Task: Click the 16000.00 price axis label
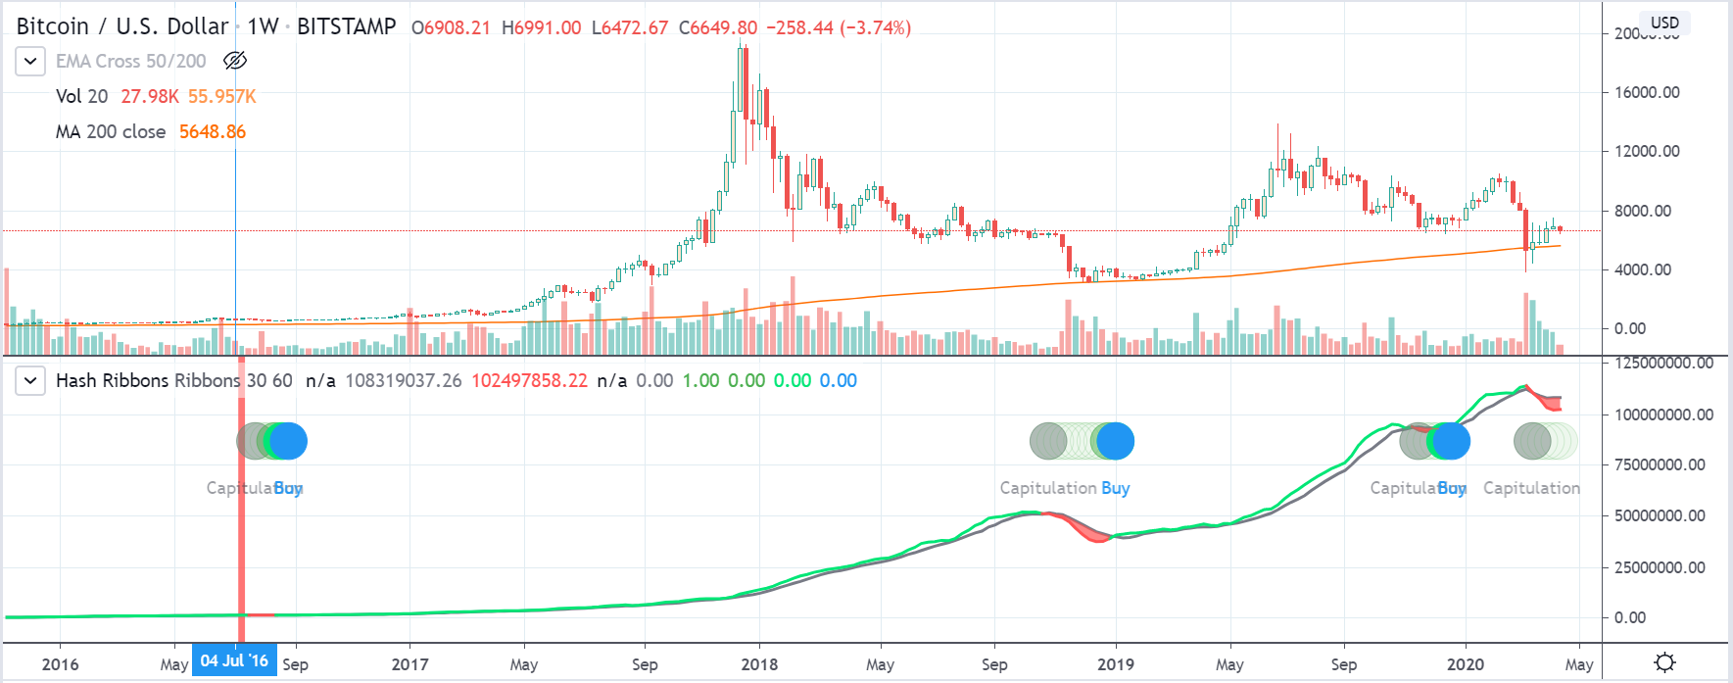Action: [1646, 92]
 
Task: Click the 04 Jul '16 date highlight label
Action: [234, 660]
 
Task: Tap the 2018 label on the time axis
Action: [759, 664]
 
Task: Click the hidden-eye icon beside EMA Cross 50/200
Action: [234, 61]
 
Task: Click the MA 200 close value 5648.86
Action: [212, 131]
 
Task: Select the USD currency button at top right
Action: [1664, 23]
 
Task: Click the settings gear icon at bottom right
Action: [1664, 663]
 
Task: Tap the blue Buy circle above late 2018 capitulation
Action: [1115, 441]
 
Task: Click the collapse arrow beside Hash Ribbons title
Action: [30, 380]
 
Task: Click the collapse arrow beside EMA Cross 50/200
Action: [30, 61]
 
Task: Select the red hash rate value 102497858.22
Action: [529, 380]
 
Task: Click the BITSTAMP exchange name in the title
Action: [346, 26]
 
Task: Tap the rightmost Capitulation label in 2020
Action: [1531, 488]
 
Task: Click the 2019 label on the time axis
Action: [1115, 664]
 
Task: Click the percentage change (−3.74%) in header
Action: [875, 27]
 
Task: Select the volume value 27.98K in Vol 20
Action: [149, 96]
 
